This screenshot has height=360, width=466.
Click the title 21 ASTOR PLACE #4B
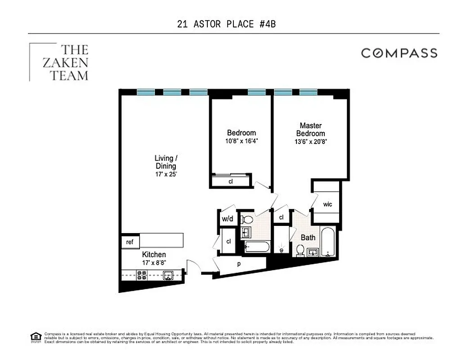(226, 24)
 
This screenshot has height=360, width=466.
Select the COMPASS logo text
(399, 53)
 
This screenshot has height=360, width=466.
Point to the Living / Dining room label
(166, 162)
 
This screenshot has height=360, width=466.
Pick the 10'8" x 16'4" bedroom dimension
(241, 141)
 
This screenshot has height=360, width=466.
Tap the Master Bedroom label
(310, 130)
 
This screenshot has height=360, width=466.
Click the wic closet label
(327, 204)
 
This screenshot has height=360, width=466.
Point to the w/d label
(227, 219)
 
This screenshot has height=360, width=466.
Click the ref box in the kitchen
(130, 242)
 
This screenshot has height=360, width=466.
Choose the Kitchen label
(154, 255)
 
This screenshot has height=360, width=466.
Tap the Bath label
(308, 237)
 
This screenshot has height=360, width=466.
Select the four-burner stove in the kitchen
(142, 275)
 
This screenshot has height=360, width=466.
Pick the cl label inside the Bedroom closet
(230, 182)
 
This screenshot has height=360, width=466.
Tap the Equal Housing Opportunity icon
(36, 337)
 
